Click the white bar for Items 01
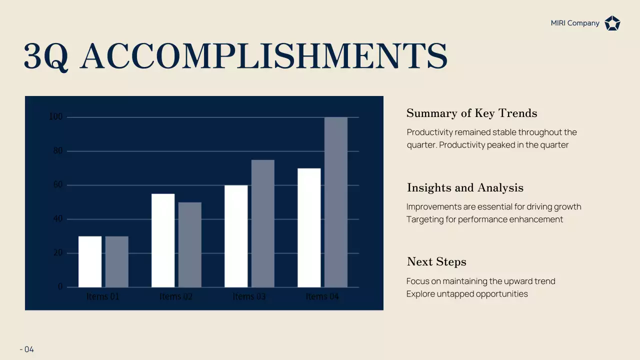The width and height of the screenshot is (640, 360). [x=90, y=261]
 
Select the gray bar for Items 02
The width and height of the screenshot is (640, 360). [x=190, y=244]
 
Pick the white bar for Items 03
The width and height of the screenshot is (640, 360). [x=236, y=236]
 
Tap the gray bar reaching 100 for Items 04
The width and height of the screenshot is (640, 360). [x=336, y=202]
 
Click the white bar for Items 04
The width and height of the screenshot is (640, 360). [x=309, y=227]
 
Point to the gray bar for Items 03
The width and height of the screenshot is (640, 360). [x=263, y=223]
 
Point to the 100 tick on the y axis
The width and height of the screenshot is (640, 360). [x=56, y=117]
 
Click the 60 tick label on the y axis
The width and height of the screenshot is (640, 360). [x=58, y=185]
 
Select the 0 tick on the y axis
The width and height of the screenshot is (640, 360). [x=60, y=287]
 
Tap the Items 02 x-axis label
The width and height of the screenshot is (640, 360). [x=176, y=296]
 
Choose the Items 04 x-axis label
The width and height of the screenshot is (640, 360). [x=322, y=296]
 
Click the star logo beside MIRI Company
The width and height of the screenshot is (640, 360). [x=612, y=23]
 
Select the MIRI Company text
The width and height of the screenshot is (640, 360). [x=575, y=23]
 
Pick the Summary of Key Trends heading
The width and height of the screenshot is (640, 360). [x=471, y=113]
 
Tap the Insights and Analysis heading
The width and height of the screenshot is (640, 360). [x=465, y=187]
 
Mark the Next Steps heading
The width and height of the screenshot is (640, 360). [x=436, y=261]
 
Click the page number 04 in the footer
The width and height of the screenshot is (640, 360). [x=29, y=349]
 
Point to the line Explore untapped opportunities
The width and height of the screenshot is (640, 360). [x=467, y=293]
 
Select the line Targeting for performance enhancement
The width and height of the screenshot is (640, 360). [x=484, y=219]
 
